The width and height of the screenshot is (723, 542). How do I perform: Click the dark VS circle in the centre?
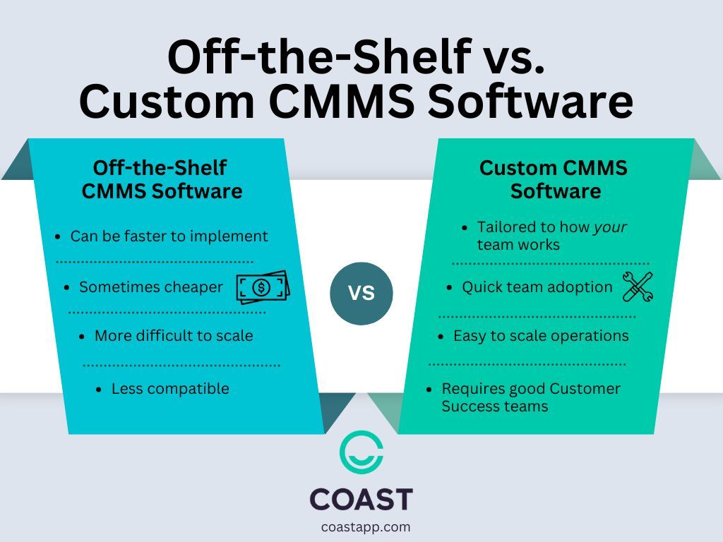[361, 292]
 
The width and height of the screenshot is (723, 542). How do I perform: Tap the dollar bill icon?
[262, 287]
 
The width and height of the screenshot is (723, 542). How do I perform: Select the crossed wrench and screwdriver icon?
[638, 287]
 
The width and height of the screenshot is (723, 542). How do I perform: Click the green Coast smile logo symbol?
[361, 452]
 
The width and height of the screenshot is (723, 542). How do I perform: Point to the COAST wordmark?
[361, 499]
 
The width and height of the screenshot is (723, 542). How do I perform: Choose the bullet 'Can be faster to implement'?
[169, 236]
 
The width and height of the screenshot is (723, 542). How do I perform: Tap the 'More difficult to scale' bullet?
[174, 336]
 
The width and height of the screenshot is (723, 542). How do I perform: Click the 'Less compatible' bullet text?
[170, 388]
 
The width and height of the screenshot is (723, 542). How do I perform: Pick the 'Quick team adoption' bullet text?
[537, 287]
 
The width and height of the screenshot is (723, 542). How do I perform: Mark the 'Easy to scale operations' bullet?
[541, 336]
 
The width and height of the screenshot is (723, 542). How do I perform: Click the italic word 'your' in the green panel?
[610, 227]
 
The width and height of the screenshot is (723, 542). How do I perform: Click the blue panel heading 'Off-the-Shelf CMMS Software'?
[162, 179]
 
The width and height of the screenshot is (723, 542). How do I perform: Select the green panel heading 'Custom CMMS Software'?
[554, 179]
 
